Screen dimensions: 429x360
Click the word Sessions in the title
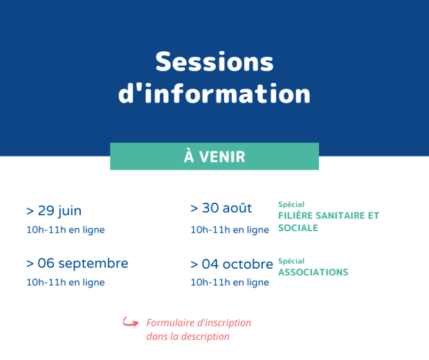[214, 62]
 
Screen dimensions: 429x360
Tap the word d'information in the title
[214, 93]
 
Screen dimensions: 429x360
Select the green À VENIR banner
[214, 156]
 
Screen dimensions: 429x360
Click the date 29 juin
[60, 210]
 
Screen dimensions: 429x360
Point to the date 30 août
[227, 208]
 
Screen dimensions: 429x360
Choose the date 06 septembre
[83, 264]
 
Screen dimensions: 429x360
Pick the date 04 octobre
[237, 264]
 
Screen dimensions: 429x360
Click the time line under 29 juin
[66, 230]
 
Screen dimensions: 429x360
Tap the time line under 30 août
[230, 230]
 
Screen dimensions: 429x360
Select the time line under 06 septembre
[66, 282]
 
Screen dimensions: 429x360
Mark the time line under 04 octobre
[230, 282]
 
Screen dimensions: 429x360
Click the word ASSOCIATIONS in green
[313, 272]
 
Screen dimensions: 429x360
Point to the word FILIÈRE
[295, 215]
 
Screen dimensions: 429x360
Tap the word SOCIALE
[298, 228]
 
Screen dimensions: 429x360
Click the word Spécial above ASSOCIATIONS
[291, 261]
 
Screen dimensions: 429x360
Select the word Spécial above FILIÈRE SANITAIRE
[291, 204]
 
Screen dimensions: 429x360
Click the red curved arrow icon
[131, 322]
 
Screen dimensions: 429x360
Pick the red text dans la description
[188, 336]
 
